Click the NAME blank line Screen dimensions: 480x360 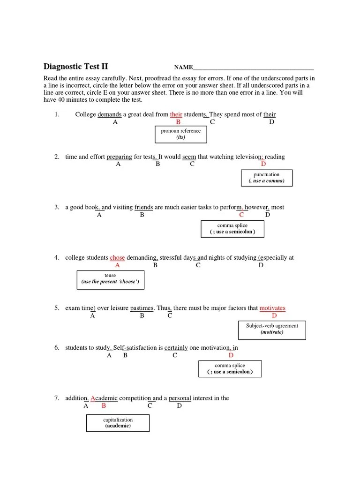pyautogui.click(x=254, y=68)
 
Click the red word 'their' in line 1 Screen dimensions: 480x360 pyautogui.click(x=176, y=114)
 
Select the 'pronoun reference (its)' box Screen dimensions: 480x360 pyautogui.click(x=180, y=135)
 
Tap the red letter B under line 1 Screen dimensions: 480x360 pyautogui.click(x=178, y=122)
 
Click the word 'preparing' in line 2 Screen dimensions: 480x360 pyautogui.click(x=119, y=157)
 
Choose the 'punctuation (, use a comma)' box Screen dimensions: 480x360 pyautogui.click(x=266, y=178)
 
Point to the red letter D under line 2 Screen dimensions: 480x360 pyautogui.click(x=263, y=164)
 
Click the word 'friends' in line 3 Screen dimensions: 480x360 pyautogui.click(x=143, y=207)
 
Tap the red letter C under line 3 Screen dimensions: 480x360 pyautogui.click(x=241, y=215)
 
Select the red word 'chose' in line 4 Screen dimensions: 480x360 pyautogui.click(x=117, y=258)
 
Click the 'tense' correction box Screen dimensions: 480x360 pyautogui.click(x=110, y=279)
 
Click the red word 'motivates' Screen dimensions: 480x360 pyautogui.click(x=272, y=308)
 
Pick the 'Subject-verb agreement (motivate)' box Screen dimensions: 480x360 pyautogui.click(x=272, y=329)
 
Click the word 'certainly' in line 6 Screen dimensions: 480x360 pyautogui.click(x=176, y=348)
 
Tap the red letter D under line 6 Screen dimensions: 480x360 pyautogui.click(x=231, y=355)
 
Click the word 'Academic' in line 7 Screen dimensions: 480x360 pyautogui.click(x=104, y=398)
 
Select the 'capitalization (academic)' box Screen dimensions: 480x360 pyautogui.click(x=118, y=423)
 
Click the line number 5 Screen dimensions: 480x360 pyautogui.click(x=57, y=308)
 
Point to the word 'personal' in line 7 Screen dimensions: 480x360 pyautogui.click(x=180, y=398)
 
